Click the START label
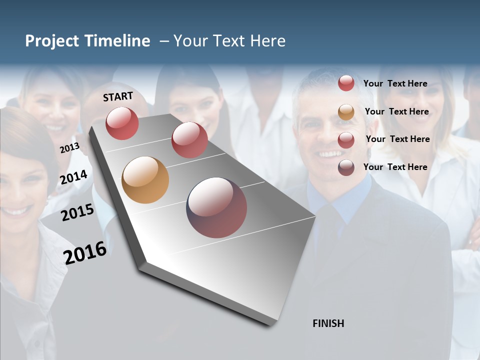(x=118, y=96)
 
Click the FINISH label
(x=328, y=323)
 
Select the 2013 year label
(x=69, y=147)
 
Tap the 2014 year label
(x=73, y=177)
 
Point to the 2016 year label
(x=85, y=252)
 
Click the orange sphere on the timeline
(x=145, y=180)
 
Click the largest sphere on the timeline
(x=216, y=207)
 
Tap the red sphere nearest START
(x=122, y=123)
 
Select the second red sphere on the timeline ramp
(x=189, y=140)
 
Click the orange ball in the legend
(x=346, y=112)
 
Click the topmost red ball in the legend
(x=346, y=83)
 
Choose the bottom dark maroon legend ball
(x=346, y=167)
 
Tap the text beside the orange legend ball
(x=396, y=111)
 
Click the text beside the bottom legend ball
(x=395, y=167)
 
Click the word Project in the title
(x=51, y=41)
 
